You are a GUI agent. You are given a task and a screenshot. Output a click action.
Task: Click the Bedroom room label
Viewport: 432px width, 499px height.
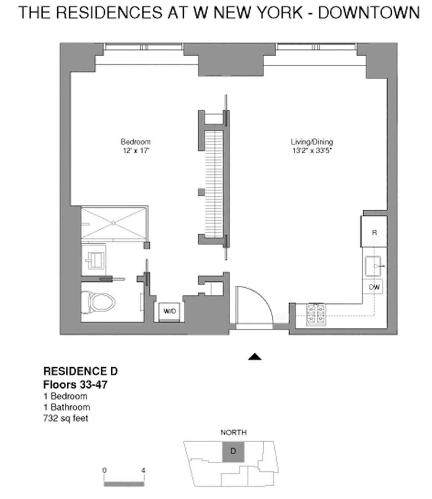135,142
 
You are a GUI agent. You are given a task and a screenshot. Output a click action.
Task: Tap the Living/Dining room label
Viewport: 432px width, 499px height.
312,142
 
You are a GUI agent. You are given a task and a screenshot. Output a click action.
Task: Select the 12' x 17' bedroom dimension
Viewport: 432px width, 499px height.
135,151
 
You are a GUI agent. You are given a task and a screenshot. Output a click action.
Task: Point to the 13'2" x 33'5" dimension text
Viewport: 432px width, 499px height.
312,151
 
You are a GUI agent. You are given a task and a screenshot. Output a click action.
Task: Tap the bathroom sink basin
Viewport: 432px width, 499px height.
94,260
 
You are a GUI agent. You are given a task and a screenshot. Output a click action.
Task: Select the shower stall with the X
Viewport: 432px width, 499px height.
114,223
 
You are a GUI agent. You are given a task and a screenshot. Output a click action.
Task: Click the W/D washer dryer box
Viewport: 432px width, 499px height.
170,311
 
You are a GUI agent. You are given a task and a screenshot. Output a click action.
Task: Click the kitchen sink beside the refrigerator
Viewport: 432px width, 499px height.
374,266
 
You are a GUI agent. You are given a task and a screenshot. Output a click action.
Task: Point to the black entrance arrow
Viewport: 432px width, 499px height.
255,357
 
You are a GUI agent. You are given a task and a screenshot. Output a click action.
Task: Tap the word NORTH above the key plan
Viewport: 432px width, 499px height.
234,432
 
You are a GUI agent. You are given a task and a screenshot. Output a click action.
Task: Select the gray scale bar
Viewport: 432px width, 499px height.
124,484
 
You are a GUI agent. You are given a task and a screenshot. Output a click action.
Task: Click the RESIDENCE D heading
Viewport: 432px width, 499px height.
80,371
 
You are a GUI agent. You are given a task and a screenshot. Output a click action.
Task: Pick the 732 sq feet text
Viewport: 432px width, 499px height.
66,418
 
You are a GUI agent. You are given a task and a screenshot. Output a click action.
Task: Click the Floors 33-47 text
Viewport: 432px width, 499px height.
75,384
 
